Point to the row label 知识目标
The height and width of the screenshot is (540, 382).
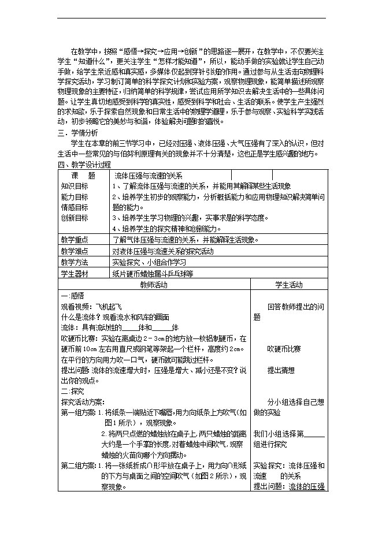pyautogui.click(x=74, y=186)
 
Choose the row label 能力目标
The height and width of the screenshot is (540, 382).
pyautogui.click(x=74, y=196)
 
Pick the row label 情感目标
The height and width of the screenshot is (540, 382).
pyautogui.click(x=74, y=207)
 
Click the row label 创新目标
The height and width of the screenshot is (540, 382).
pyautogui.click(x=74, y=218)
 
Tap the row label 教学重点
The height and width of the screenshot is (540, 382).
pyautogui.click(x=74, y=240)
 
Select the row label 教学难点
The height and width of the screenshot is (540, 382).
pyautogui.click(x=74, y=251)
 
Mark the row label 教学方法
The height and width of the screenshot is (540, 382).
pyautogui.click(x=74, y=262)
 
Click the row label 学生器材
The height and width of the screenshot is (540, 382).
pyautogui.click(x=74, y=273)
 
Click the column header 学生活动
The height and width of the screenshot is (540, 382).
pyautogui.click(x=288, y=285)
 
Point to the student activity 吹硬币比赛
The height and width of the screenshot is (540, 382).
pyautogui.click(x=284, y=349)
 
